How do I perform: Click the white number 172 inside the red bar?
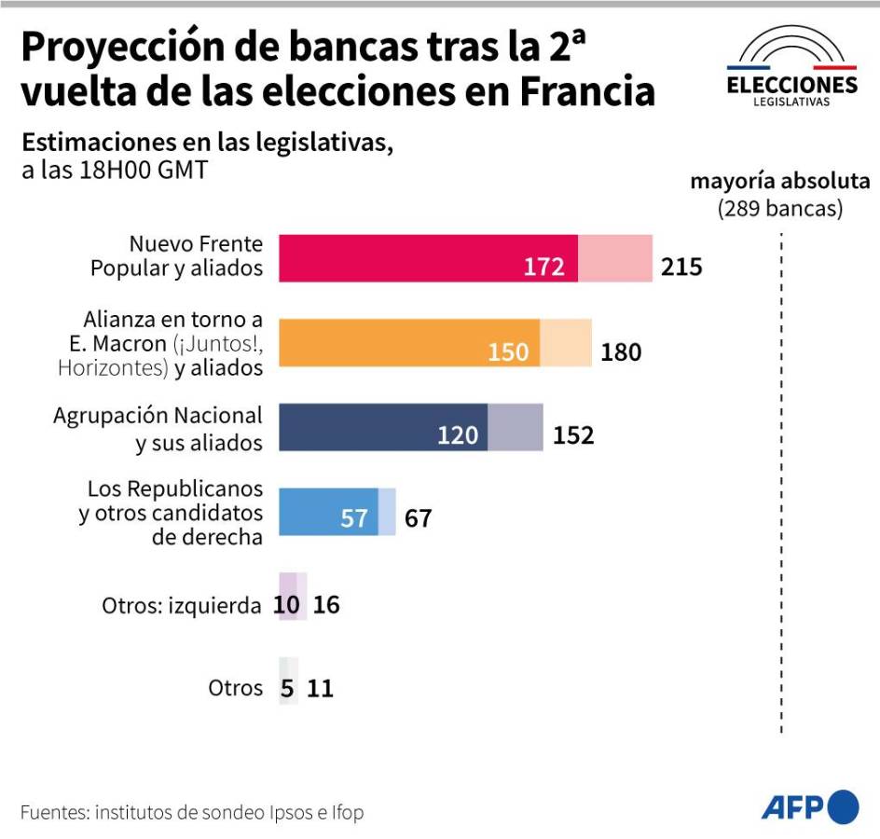pos(543,268)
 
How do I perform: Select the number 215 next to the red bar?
pos(681,268)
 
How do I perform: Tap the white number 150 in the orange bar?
pos(508,352)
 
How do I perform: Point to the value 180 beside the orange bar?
pos(621,352)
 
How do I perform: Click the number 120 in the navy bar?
pos(458,435)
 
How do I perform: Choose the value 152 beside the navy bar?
pos(573,435)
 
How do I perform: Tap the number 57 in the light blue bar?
pos(354,518)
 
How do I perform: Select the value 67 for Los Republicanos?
pos(419,518)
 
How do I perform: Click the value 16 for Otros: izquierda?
pos(326,605)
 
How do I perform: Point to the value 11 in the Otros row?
pos(321,689)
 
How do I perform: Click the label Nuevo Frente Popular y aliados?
pos(177,256)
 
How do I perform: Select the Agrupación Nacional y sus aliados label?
pos(158,429)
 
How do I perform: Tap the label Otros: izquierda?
pos(182,606)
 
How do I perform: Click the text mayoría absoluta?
pos(779,181)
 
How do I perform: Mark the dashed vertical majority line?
pos(780,485)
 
